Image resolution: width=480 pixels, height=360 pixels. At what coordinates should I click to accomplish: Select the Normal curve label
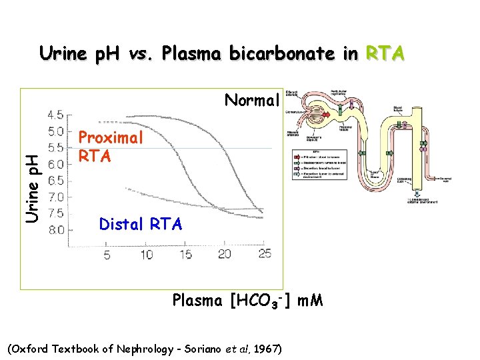coord(251,101)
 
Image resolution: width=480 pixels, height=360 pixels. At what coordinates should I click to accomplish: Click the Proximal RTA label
coord(111,147)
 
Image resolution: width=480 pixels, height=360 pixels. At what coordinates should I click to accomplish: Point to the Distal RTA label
coord(140,225)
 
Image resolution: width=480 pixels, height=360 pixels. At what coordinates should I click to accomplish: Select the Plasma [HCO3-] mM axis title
coord(248,301)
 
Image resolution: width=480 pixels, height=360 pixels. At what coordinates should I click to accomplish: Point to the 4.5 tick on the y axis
coord(56,114)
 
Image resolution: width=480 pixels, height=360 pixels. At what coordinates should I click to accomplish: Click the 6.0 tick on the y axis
coord(56,163)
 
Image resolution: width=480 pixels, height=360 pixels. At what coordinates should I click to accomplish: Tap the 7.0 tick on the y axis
coord(56,197)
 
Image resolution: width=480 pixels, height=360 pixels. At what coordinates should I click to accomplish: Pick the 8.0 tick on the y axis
coord(56,230)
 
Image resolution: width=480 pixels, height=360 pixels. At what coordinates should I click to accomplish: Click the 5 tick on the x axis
coord(107,255)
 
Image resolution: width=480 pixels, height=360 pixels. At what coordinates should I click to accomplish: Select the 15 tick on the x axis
coord(186,255)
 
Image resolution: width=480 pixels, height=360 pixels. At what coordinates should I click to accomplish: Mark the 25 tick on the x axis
coord(265,255)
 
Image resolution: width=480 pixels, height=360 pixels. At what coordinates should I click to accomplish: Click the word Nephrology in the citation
coord(141,349)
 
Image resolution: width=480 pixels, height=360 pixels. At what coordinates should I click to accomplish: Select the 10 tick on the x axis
coord(146,255)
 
